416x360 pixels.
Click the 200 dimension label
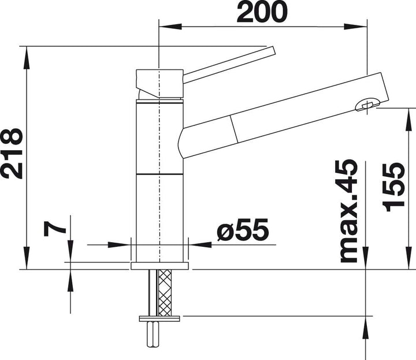coord(262,12)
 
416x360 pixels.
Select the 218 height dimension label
coord(13,154)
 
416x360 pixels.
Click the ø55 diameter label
coord(243,230)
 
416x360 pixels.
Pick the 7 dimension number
coord(55,229)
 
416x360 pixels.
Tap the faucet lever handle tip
coord(273,51)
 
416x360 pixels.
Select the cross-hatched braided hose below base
coord(165,292)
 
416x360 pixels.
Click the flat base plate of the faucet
coord(159,266)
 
